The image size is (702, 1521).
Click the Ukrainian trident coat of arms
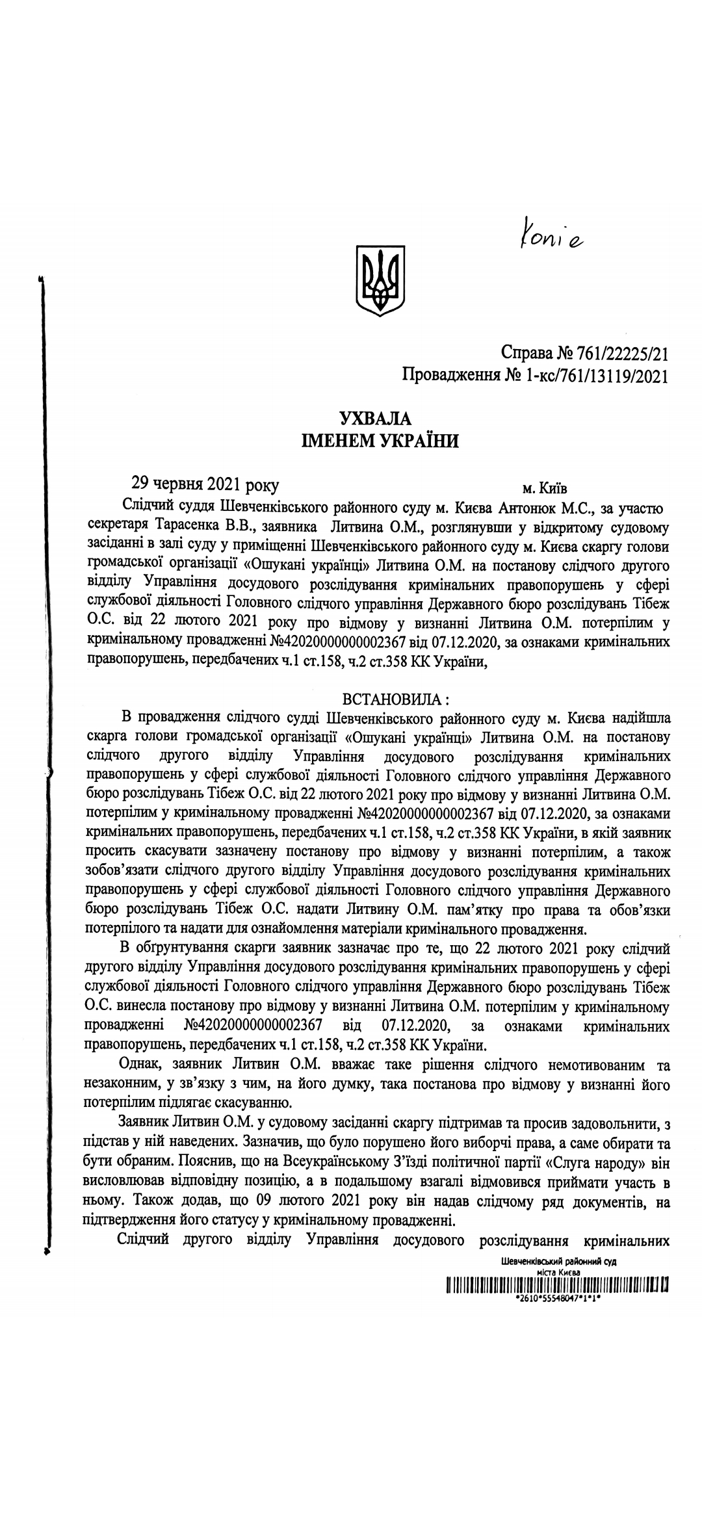[379, 281]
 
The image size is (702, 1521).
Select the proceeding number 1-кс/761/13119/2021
[593, 375]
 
